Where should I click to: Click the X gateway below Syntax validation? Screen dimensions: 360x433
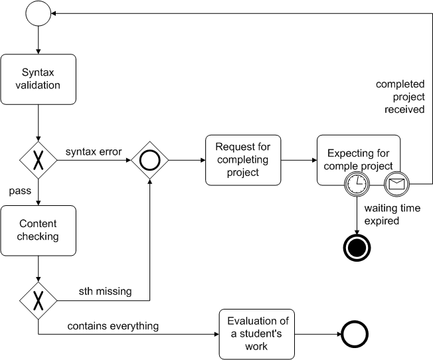39,160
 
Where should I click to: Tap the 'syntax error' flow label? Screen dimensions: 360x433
93,151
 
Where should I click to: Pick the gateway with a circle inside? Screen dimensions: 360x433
149,160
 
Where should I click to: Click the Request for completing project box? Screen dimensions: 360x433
243,160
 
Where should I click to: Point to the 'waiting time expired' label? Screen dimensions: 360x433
392,214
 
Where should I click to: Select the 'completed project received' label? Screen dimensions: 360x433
400,97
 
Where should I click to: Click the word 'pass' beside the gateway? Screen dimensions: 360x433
21,191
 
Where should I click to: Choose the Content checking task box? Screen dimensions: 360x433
39,230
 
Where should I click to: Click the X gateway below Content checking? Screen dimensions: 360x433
39,301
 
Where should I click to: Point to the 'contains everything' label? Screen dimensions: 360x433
113,325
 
